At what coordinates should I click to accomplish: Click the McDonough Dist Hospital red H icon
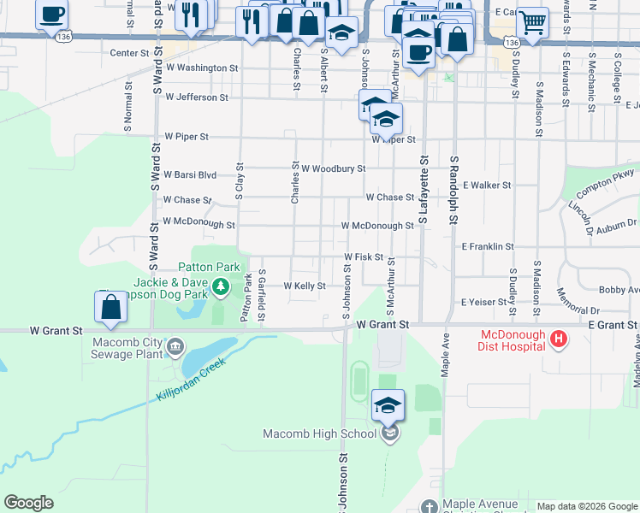pos(559,339)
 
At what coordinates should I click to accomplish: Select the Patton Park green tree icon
pos(221,286)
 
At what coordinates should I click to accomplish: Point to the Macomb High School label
pos(319,433)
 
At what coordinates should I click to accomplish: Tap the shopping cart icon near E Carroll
pos(533,21)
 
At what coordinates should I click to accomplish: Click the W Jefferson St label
pos(197,97)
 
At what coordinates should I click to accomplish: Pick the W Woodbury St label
pos(333,169)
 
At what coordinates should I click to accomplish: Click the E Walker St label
pos(486,185)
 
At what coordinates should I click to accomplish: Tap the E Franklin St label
pos(487,246)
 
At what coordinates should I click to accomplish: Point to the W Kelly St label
pos(304,286)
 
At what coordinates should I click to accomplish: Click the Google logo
pos(28,503)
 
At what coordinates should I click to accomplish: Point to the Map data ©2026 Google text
pos(586,506)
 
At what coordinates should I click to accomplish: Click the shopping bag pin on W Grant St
pos(111,307)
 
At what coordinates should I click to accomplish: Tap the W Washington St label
pos(202,67)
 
